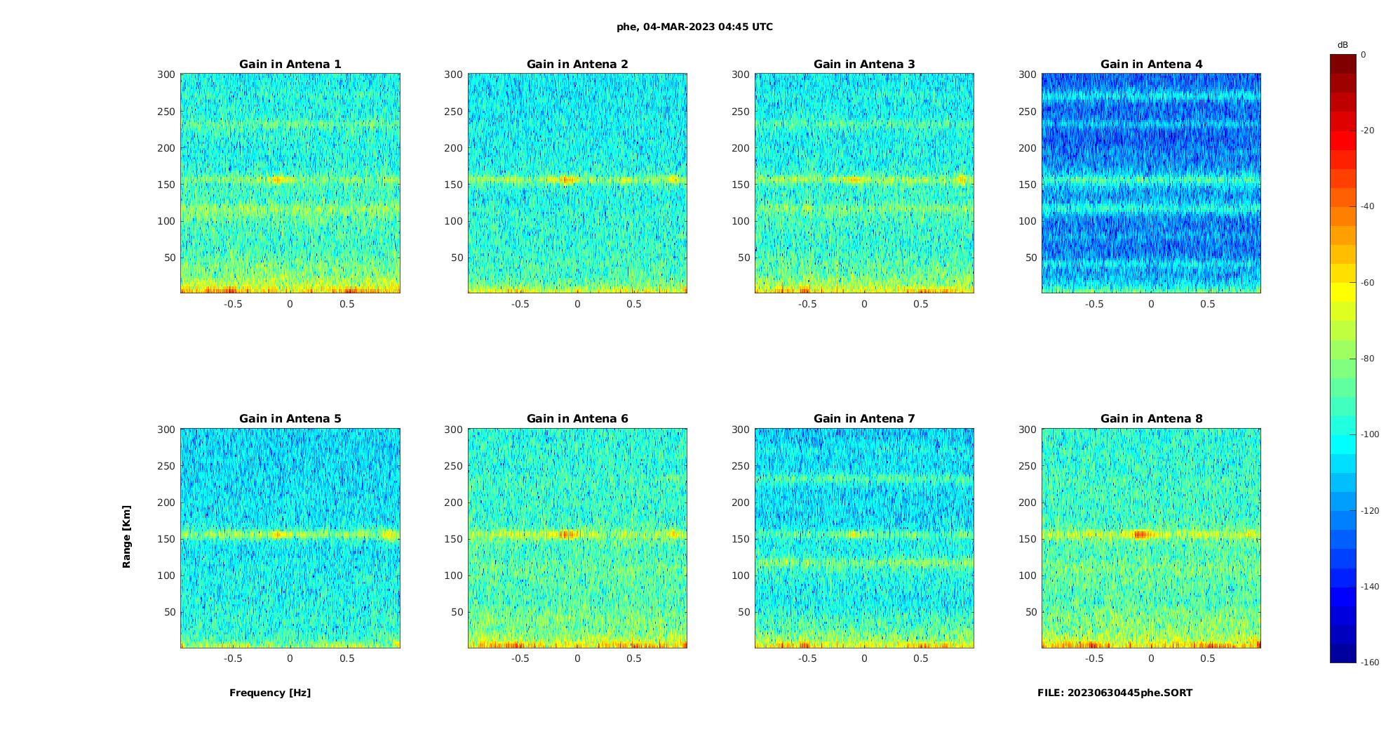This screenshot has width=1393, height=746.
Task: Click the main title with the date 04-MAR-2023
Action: (x=694, y=27)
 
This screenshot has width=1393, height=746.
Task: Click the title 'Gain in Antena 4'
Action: (x=1151, y=65)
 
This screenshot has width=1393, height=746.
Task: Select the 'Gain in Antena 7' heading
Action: (x=864, y=419)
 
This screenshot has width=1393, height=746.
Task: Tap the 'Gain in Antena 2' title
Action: (x=577, y=65)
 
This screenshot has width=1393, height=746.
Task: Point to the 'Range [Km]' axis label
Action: (x=127, y=536)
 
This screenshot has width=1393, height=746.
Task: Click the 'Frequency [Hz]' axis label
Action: (x=270, y=693)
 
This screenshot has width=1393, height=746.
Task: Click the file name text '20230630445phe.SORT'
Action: (x=1129, y=693)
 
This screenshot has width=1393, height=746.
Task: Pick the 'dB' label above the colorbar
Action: (x=1342, y=45)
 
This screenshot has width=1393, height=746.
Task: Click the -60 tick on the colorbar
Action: (x=1368, y=283)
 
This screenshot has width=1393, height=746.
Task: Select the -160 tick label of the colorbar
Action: (x=1370, y=662)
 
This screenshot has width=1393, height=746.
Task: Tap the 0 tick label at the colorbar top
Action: (x=1364, y=55)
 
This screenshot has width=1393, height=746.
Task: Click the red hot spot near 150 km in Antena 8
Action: (x=1143, y=535)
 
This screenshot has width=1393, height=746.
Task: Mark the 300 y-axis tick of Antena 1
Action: (x=166, y=74)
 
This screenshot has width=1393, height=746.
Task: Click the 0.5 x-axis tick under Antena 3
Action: (x=921, y=304)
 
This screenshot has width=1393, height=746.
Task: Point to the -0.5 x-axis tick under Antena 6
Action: (x=520, y=658)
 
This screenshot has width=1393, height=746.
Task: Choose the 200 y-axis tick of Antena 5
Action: (x=166, y=502)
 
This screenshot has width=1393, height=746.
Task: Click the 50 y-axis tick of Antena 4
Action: (x=1030, y=258)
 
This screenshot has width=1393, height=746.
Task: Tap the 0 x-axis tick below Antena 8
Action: (x=1151, y=658)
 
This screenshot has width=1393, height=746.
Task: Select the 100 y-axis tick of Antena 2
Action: (x=453, y=221)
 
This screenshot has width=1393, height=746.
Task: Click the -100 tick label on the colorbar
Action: (x=1370, y=434)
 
